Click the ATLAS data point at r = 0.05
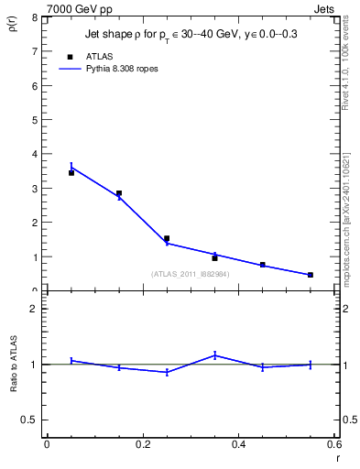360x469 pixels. (71, 173)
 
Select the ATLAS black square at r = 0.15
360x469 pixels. (119, 193)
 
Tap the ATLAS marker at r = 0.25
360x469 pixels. (167, 238)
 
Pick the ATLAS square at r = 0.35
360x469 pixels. (214, 258)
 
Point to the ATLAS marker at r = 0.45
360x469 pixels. (263, 265)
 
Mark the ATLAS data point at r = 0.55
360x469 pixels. (311, 275)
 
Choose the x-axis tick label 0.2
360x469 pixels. (142, 445)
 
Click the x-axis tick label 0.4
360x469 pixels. (238, 445)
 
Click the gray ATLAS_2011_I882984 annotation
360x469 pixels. (191, 274)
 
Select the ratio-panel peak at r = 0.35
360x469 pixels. (214, 354)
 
